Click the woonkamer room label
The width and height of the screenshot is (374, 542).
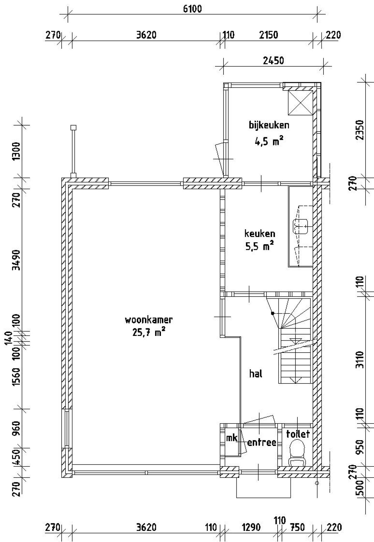coord(149,320)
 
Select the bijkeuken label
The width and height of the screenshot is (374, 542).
coord(269,126)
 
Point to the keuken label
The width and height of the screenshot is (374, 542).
coord(260,234)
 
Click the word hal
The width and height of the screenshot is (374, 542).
coord(256,374)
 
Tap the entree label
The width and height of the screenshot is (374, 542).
coord(262,442)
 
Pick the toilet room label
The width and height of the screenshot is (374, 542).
coord(298,434)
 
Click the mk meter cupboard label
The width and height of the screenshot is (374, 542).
coord(232,438)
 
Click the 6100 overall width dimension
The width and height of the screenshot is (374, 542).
coord(193,9)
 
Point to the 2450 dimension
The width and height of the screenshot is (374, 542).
coord(273,61)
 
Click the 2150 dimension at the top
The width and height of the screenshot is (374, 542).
coord(269,35)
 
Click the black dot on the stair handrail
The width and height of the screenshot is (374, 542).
coord(272,313)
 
